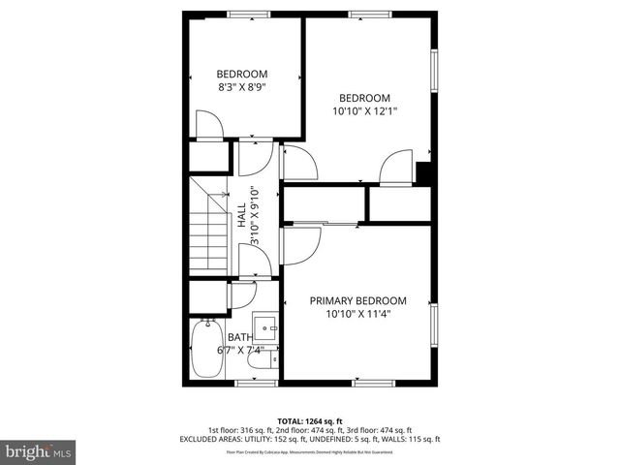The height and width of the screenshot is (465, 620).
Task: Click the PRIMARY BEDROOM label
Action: (x=357, y=300)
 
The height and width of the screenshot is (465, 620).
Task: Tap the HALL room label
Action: (x=240, y=215)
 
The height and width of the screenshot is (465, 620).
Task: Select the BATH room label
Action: (x=238, y=337)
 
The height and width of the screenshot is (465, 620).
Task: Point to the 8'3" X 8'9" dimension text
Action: (x=241, y=87)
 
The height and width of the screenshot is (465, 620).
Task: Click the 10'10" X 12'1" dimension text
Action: (x=364, y=111)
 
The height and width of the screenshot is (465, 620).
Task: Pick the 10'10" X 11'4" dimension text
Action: (x=357, y=314)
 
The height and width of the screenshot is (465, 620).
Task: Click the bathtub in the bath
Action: (x=206, y=351)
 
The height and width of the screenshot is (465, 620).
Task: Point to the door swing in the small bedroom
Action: (x=210, y=125)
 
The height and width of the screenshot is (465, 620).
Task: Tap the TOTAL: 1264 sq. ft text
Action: (x=310, y=419)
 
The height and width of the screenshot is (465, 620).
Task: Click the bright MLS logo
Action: (x=39, y=452)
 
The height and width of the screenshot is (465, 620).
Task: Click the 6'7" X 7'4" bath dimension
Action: (x=239, y=351)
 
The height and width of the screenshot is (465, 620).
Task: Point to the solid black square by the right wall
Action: (x=423, y=172)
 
